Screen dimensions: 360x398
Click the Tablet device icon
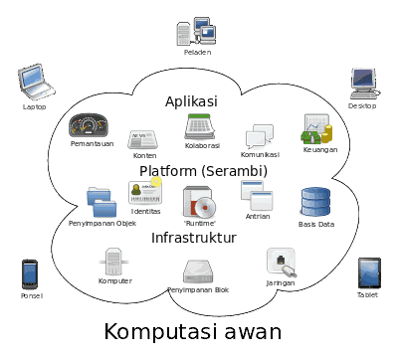click(369, 272)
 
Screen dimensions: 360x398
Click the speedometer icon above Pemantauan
click(89, 125)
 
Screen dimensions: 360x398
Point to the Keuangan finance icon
click(317, 129)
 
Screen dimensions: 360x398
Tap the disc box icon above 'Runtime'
click(200, 202)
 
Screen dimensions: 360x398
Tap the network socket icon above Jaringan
click(280, 263)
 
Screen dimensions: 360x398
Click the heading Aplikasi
click(190, 101)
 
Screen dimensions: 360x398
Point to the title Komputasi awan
click(193, 331)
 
